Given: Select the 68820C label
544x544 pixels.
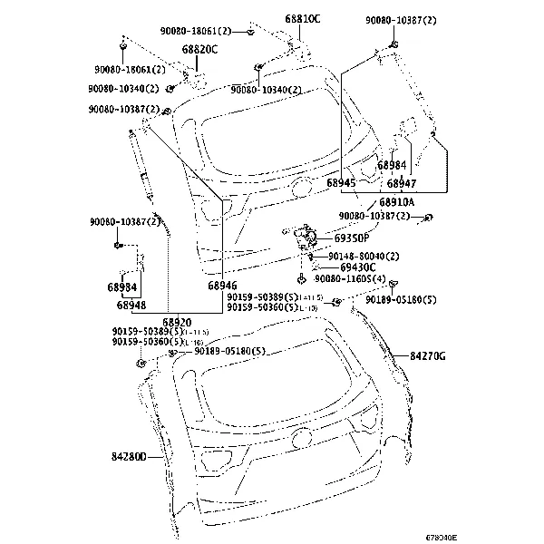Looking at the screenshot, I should (199, 49).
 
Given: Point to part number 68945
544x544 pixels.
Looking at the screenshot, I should (341, 183).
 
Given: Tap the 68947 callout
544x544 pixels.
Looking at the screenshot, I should (402, 183).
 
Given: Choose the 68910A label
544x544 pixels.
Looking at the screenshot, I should (396, 201).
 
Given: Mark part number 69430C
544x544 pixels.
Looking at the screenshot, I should (358, 267).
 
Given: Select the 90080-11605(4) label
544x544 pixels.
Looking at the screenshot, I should (350, 278).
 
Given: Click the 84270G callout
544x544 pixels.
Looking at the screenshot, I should (428, 357).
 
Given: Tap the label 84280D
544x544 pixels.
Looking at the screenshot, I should (130, 457).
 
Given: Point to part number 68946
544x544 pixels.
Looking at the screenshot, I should (222, 286).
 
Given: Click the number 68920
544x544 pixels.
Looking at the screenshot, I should (177, 322).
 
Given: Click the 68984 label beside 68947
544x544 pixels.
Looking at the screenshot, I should (392, 165).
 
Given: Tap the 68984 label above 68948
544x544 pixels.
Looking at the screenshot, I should (121, 287).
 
